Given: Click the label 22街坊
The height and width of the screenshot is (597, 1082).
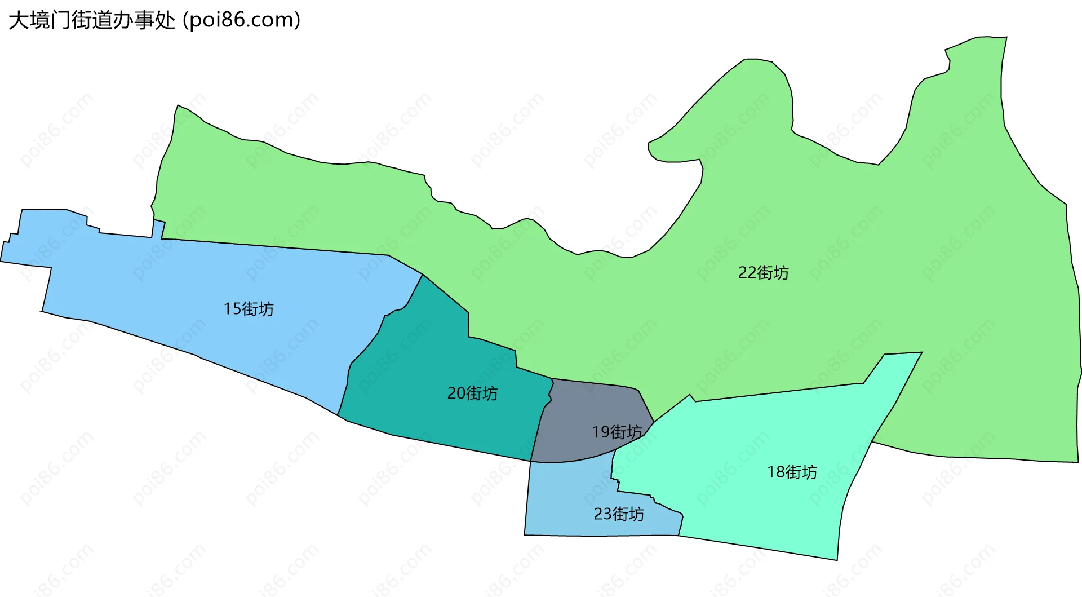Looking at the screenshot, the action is [763, 273].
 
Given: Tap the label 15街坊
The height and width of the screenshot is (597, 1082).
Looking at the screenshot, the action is [249, 309].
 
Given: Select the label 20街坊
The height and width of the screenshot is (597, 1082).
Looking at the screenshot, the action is [472, 393].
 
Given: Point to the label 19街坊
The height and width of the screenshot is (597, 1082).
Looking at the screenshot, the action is [617, 432].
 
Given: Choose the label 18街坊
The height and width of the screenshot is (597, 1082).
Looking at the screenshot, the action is [792, 472].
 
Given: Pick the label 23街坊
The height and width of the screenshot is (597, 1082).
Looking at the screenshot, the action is [619, 514].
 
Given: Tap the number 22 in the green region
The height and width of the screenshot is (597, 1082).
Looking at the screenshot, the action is [747, 273].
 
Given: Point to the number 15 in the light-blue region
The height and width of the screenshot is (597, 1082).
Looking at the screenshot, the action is [232, 309].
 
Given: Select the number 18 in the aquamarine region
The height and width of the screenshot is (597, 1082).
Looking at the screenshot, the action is [775, 472].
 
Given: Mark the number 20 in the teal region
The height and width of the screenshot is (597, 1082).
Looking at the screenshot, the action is [456, 393].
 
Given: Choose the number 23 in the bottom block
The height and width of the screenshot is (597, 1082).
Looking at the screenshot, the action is [602, 514].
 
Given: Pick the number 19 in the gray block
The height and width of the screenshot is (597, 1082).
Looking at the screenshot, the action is [600, 432].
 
